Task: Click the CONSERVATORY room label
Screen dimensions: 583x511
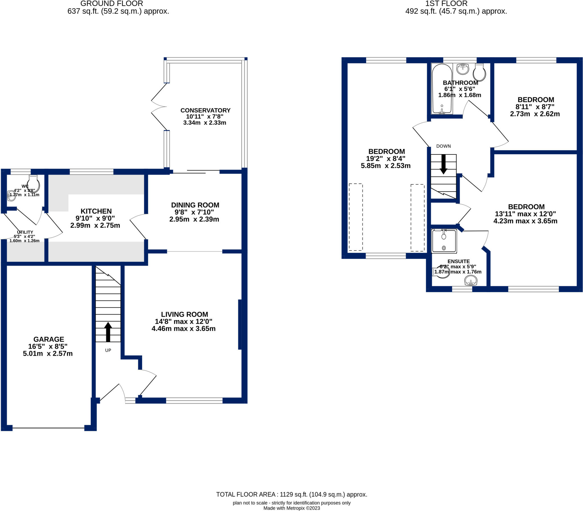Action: [205, 110]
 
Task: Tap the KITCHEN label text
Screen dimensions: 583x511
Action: [96, 211]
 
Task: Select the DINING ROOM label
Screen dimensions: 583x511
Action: [195, 205]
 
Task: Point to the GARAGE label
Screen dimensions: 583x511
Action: [49, 339]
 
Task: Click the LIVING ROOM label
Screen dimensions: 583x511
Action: [184, 314]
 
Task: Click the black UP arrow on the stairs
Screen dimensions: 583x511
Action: [108, 332]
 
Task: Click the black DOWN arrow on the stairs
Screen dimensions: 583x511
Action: [444, 164]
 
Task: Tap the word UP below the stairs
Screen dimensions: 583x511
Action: [108, 350]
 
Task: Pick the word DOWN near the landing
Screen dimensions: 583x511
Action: [444, 146]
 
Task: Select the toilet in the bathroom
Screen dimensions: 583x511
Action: [479, 72]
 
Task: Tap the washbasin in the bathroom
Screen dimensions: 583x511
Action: [463, 69]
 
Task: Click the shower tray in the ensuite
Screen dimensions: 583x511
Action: [444, 241]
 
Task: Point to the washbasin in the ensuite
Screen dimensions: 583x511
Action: [471, 281]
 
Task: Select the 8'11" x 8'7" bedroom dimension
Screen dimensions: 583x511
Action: [535, 107]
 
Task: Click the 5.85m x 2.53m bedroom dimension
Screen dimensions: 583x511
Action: [386, 166]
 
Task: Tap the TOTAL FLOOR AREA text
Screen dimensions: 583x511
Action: [292, 494]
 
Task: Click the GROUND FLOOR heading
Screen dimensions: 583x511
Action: [112, 3]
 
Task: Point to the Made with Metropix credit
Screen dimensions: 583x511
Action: [292, 508]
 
